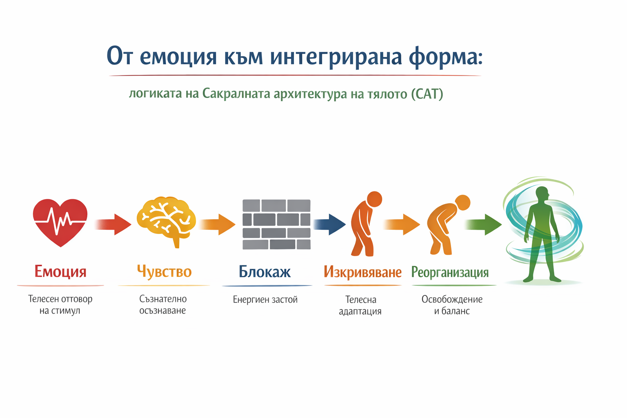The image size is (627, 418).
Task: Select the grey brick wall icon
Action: pos(276,224)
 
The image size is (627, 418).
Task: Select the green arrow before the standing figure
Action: pos(484,224)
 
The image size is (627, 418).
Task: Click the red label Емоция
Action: pos(60,271)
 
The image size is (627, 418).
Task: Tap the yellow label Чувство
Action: pos(164,271)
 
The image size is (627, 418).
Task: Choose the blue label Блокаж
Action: pos(265,272)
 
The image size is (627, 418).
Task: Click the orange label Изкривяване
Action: pos(362,272)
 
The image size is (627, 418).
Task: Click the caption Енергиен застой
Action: pos(265,300)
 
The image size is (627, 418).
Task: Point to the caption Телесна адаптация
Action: pos(360,305)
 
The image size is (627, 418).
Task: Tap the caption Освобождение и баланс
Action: pos(452,305)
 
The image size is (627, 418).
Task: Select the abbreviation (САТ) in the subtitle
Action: pos(427,94)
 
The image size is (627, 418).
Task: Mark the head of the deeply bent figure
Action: pos(462,202)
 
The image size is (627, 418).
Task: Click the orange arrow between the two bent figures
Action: pos(402,224)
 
